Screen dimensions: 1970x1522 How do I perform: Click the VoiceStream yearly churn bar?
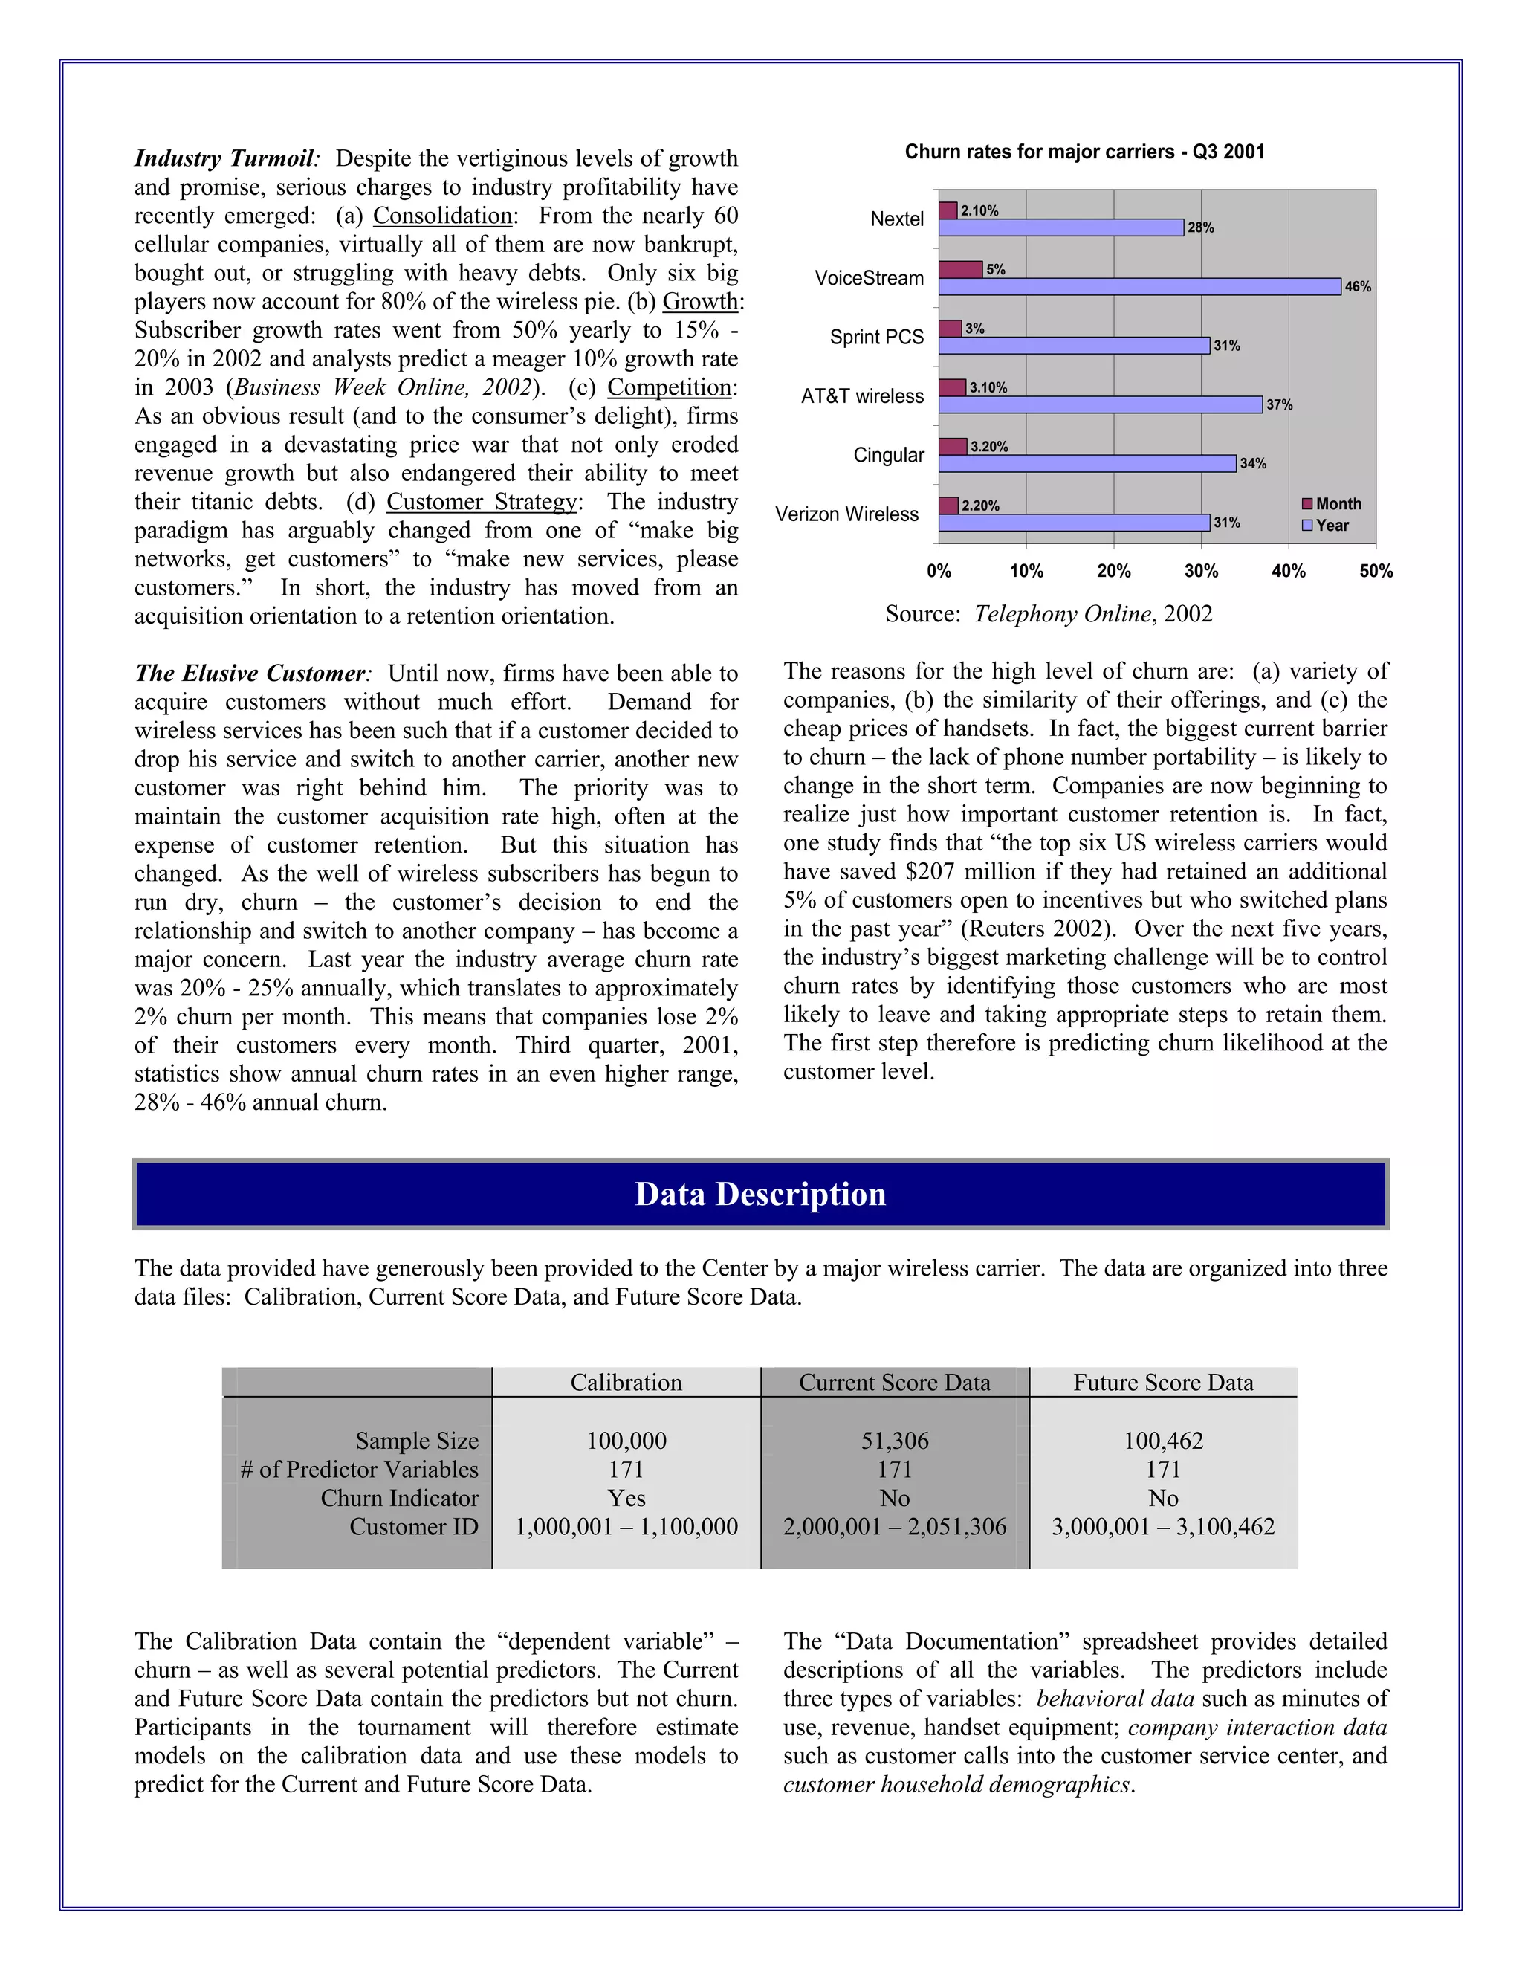(x=1140, y=287)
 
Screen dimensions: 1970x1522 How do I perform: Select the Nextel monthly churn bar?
(x=948, y=210)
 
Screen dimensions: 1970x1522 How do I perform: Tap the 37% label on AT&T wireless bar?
(x=1278, y=405)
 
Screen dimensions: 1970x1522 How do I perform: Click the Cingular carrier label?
(x=888, y=455)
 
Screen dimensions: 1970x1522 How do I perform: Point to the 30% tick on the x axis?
(x=1201, y=571)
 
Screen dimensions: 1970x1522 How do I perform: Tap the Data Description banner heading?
(x=760, y=1195)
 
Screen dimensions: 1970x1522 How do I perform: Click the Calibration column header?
(x=626, y=1383)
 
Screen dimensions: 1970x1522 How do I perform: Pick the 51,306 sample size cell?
(x=895, y=1441)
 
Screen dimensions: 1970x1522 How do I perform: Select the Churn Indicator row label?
(x=399, y=1498)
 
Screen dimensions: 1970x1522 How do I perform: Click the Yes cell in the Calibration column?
(x=626, y=1498)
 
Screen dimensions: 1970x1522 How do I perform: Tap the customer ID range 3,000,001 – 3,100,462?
(x=1163, y=1527)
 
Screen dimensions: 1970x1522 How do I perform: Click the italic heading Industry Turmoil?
(x=224, y=159)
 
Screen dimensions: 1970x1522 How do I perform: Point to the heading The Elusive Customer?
(x=250, y=674)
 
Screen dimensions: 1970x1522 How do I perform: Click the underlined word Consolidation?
(x=442, y=216)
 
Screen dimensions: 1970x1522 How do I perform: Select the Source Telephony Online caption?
(x=1048, y=614)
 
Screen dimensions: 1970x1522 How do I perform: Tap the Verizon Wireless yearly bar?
(x=1073, y=523)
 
